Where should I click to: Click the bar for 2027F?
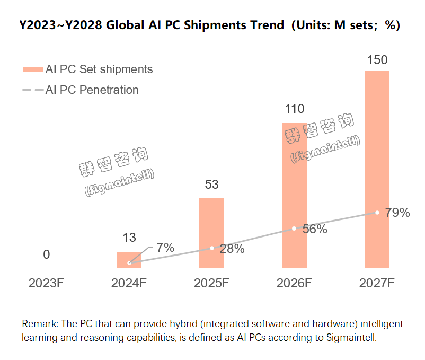coord(377,170)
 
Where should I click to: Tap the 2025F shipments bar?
coord(211,233)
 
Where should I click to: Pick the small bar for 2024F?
coord(129,260)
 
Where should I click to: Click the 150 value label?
coord(377,60)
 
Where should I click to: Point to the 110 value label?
coord(294,109)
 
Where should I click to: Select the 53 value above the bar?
coord(211,185)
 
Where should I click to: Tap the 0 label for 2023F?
coord(47,255)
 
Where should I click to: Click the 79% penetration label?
coord(397,213)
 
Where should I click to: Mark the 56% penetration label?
coord(315,230)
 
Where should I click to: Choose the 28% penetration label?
coord(232,249)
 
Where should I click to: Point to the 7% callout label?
coord(165,247)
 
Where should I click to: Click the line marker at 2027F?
coord(377,212)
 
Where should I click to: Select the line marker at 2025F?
coord(211,248)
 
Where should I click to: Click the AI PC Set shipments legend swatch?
coord(32,69)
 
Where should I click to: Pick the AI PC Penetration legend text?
coord(92,90)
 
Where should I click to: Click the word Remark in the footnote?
coord(37,323)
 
